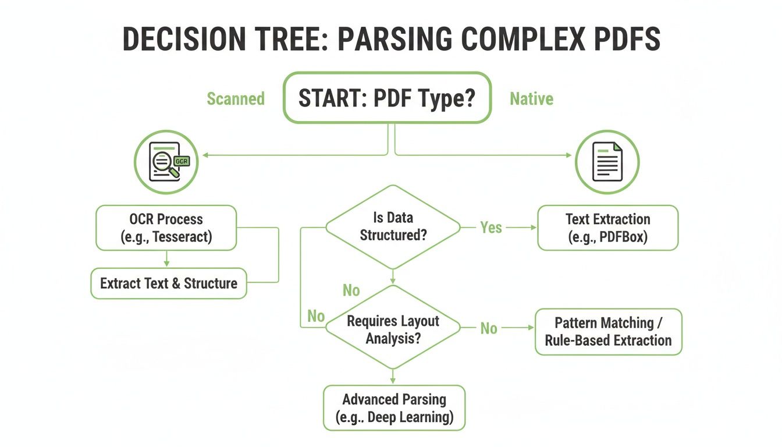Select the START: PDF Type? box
[388, 98]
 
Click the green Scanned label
[236, 99]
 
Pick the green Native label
[531, 99]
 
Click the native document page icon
[607, 162]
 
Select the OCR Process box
[166, 228]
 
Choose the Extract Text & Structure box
[169, 283]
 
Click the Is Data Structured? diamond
[393, 227]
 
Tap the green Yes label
[491, 228]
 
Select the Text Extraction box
[607, 228]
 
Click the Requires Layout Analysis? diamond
[393, 329]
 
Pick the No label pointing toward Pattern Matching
[489, 329]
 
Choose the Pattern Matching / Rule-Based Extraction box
[608, 332]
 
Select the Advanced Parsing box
[394, 408]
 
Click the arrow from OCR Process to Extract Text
[167, 259]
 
